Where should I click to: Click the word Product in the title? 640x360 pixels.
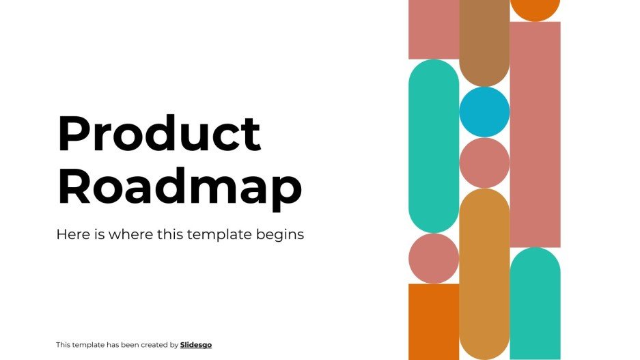click(x=158, y=133)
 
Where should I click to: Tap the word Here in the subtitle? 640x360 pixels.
click(x=72, y=234)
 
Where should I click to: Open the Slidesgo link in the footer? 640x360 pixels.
click(x=196, y=345)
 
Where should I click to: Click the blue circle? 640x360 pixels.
click(x=484, y=112)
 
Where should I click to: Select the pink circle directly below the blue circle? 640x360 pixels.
click(x=484, y=163)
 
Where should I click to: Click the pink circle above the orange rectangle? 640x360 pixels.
click(x=434, y=258)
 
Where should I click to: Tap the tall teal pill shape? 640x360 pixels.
click(x=434, y=146)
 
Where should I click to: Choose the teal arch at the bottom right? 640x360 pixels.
click(x=535, y=304)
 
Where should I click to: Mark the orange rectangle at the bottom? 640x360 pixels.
click(x=434, y=321)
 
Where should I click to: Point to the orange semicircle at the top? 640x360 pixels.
click(x=535, y=9)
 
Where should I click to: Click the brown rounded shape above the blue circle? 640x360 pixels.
click(x=484, y=41)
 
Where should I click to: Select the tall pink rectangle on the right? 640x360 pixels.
click(x=535, y=134)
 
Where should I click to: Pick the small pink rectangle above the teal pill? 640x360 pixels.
click(x=434, y=29)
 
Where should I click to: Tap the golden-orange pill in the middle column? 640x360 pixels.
click(x=484, y=273)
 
